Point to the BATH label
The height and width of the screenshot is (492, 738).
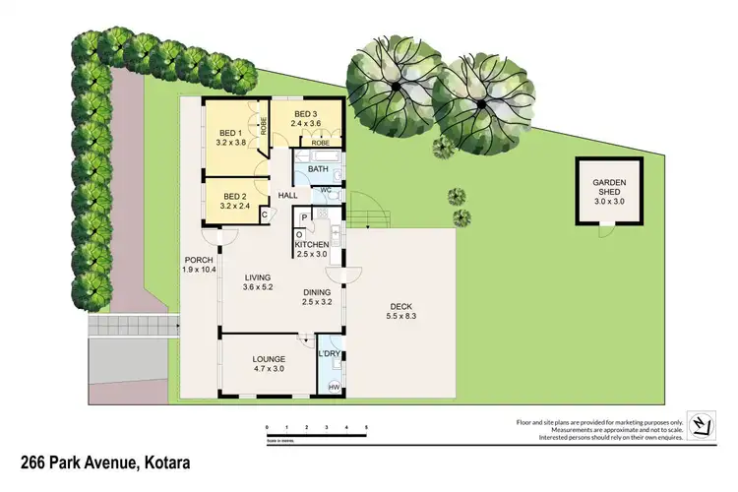(x=318, y=169)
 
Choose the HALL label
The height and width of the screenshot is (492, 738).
(x=287, y=196)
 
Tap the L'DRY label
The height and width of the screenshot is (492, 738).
(x=329, y=352)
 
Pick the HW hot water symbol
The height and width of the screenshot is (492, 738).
(x=334, y=387)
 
